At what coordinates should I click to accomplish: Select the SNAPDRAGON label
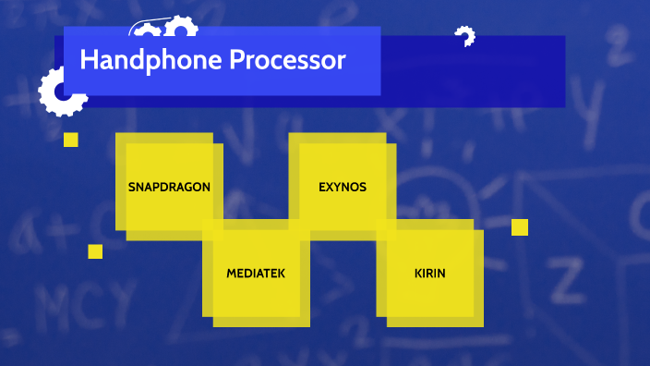coord(169,187)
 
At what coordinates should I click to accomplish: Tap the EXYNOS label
coord(343,187)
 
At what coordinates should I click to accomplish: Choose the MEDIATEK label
coord(256,274)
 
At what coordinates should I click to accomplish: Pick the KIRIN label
coord(430,274)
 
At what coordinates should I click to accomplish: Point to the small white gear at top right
coord(464,37)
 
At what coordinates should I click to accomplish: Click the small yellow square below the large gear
coord(71,140)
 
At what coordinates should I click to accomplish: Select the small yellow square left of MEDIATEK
coord(95,251)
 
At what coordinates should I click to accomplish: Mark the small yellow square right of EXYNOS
coord(520,227)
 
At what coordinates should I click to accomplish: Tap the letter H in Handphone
coord(89,62)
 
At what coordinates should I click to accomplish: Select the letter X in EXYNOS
coord(331,187)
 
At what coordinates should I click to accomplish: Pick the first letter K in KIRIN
coord(418,274)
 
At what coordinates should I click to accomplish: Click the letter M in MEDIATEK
coord(232,274)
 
